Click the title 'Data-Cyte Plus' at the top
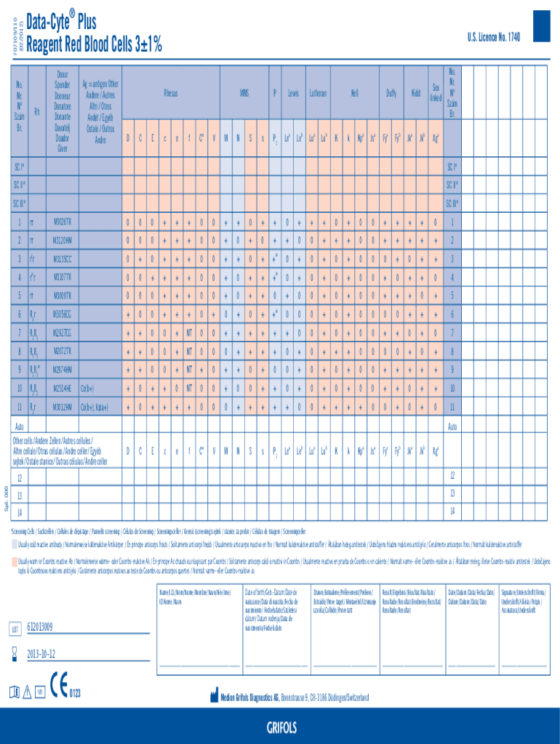(x=61, y=21)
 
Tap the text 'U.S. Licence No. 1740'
(x=495, y=36)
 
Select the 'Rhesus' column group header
(x=170, y=94)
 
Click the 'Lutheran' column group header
(x=318, y=94)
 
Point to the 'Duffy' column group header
(x=391, y=94)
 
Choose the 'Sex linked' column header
(x=435, y=92)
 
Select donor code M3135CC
(x=63, y=258)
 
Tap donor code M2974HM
(x=63, y=369)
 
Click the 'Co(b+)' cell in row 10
(x=87, y=388)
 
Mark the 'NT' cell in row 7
(x=188, y=332)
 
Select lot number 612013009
(x=40, y=627)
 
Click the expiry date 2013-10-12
(x=41, y=653)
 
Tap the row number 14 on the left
(x=20, y=512)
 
